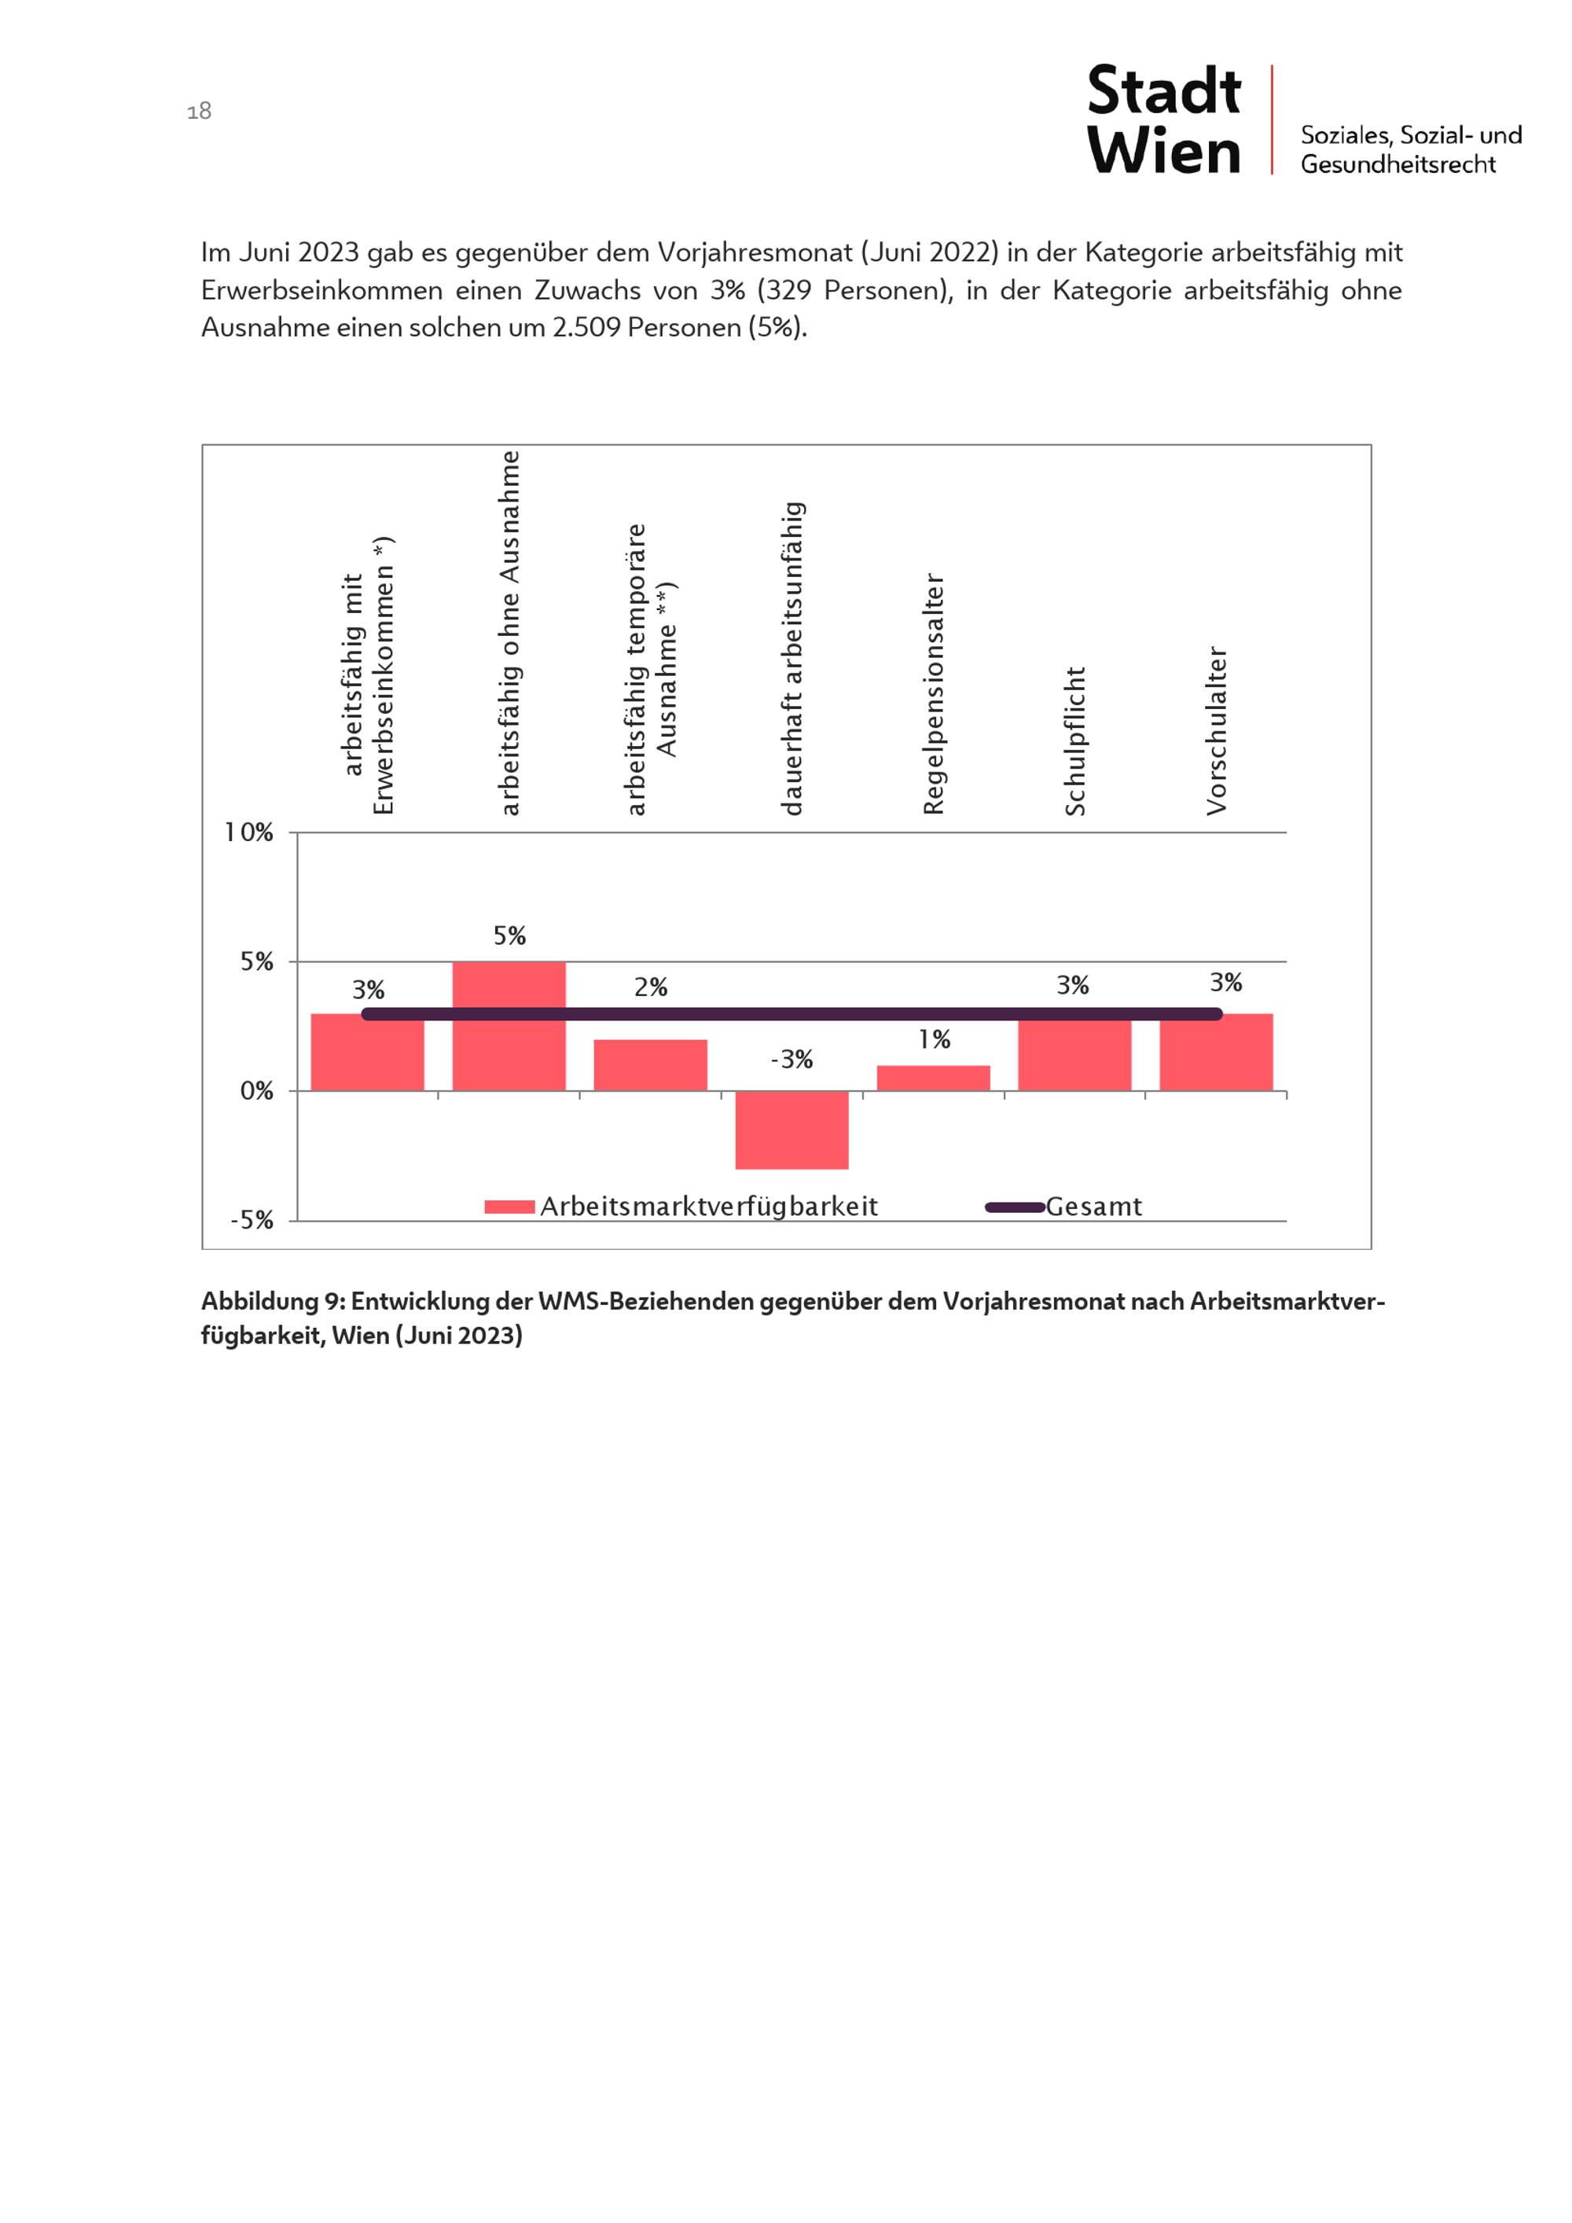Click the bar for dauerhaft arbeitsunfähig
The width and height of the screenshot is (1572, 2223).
(x=792, y=1129)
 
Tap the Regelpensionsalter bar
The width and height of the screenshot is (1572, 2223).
(x=933, y=1078)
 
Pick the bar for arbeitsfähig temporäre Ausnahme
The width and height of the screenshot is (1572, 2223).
(x=651, y=1065)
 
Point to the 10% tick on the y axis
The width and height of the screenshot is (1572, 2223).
(x=249, y=832)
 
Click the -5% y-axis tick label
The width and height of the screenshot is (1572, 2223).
(x=252, y=1221)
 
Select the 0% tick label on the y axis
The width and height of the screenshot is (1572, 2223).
(x=256, y=1091)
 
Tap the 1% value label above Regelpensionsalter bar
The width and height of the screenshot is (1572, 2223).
(x=934, y=1039)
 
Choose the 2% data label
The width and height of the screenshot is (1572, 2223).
(x=651, y=987)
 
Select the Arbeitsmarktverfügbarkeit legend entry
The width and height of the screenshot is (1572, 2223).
(x=707, y=1207)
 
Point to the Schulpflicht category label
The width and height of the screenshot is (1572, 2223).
(x=1075, y=740)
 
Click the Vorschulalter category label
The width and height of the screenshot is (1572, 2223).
(x=1217, y=731)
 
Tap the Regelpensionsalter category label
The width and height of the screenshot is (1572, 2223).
(x=933, y=694)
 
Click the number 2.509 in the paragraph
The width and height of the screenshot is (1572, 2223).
(x=586, y=327)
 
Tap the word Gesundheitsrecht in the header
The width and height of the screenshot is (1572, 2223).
(x=1398, y=164)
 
